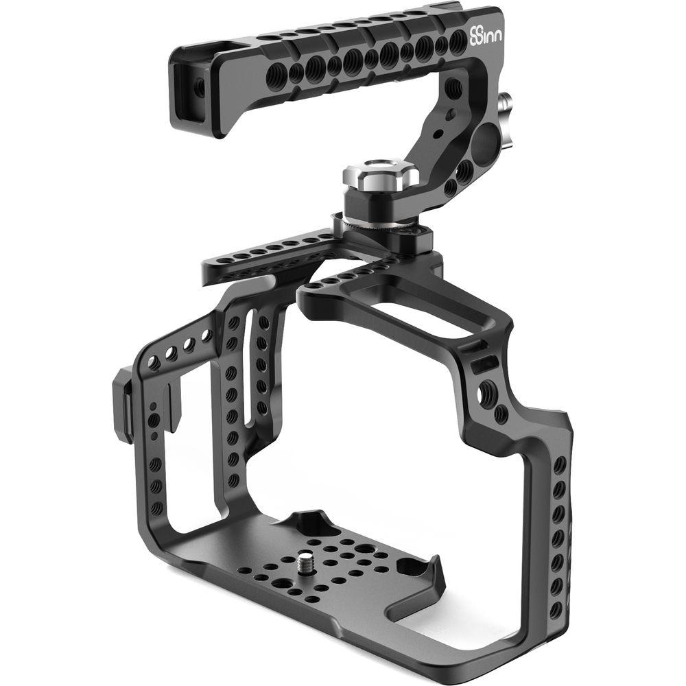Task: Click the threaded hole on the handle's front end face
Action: [200, 86]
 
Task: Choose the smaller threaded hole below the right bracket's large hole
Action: [502, 414]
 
